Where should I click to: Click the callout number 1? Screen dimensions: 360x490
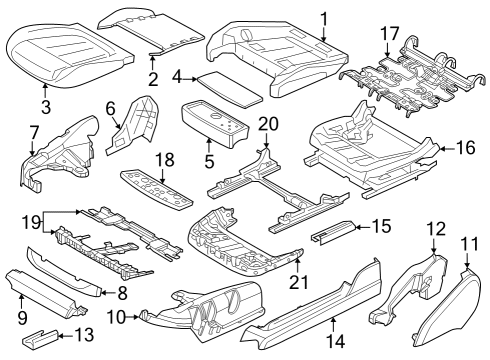coord(323,17)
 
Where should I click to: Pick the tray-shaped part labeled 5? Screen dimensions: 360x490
coord(215,125)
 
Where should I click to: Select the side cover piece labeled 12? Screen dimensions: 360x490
coord(411,290)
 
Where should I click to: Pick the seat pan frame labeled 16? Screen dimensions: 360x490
coord(375,150)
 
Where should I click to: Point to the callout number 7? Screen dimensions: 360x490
coord(34,132)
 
